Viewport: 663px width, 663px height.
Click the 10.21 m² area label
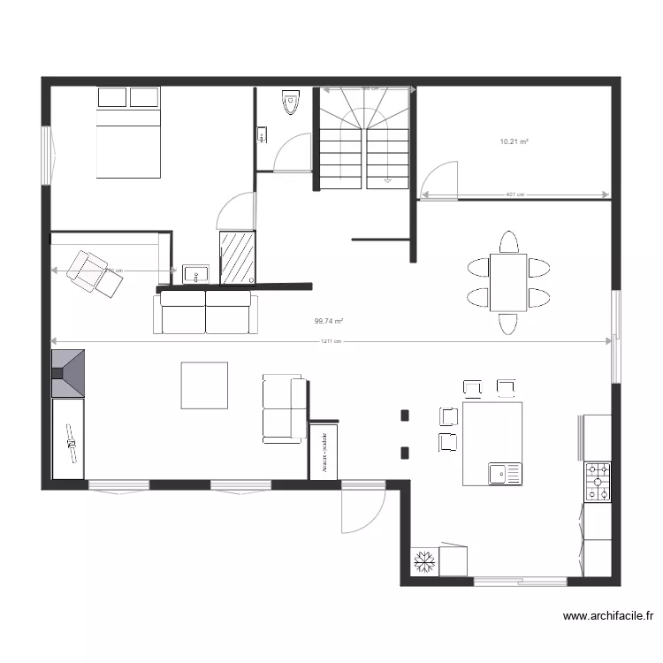tap(514, 141)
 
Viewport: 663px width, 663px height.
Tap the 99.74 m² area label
tap(328, 323)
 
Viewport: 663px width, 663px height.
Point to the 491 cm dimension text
tap(514, 195)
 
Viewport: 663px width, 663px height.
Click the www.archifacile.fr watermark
tap(608, 616)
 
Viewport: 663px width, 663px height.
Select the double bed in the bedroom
tap(128, 133)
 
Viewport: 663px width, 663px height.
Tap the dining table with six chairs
tap(507, 282)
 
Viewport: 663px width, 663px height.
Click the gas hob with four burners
tap(598, 482)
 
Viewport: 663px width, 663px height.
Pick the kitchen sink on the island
tap(506, 474)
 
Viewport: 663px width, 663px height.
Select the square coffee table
tap(204, 385)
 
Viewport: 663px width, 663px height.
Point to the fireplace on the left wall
tap(68, 372)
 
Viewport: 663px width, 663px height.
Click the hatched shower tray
tap(237, 257)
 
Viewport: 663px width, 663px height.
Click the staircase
tap(363, 141)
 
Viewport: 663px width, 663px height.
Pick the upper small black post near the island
tap(405, 415)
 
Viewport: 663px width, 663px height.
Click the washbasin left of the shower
tap(194, 273)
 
